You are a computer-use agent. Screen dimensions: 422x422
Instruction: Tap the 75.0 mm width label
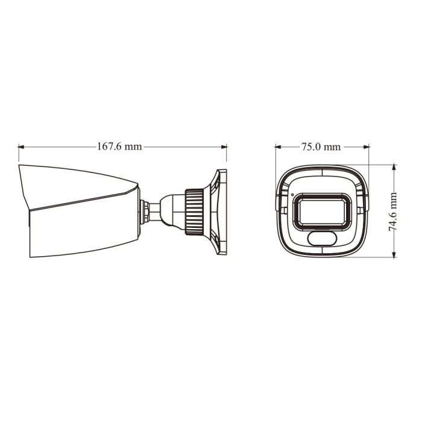click(x=321, y=146)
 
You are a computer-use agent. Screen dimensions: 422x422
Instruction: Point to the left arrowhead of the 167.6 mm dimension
click(x=21, y=146)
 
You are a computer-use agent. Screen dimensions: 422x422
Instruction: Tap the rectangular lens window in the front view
click(x=322, y=212)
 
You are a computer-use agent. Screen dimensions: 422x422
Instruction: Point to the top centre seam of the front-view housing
click(x=322, y=172)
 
